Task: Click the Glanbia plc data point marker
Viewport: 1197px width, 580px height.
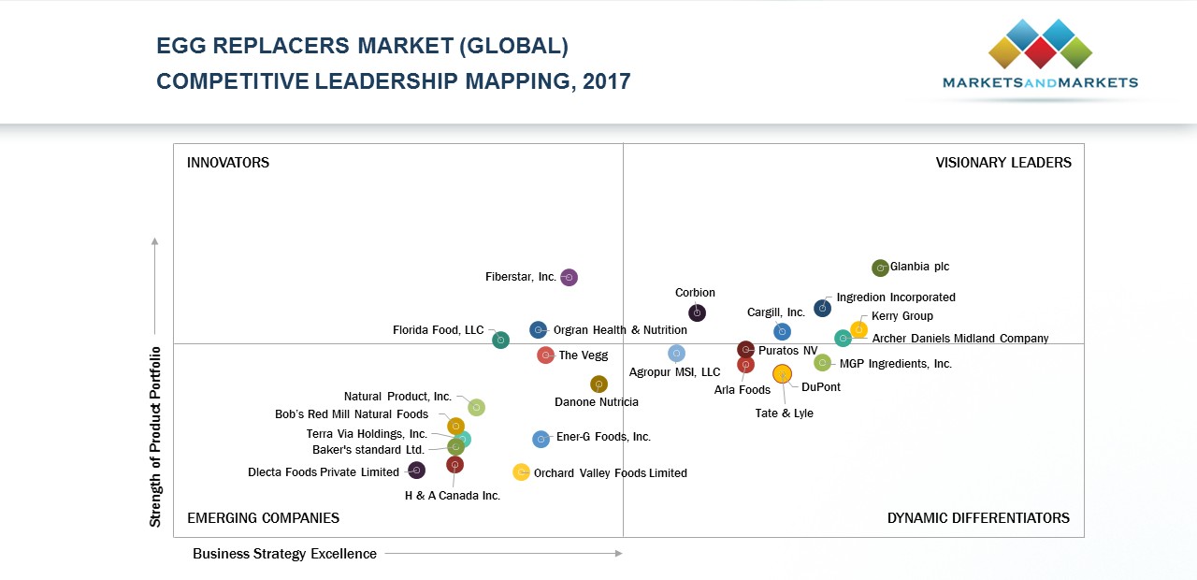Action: click(880, 268)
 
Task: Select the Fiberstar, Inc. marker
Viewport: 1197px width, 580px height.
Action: click(569, 277)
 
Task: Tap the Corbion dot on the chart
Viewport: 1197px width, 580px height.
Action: click(697, 312)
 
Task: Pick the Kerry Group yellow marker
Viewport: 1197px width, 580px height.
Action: click(858, 329)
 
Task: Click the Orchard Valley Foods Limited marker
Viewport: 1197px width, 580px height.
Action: click(521, 472)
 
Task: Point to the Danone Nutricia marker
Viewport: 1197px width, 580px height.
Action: click(598, 384)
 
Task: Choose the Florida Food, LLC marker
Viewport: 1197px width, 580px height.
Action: click(500, 340)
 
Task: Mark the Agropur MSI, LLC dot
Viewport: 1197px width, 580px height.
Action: click(676, 353)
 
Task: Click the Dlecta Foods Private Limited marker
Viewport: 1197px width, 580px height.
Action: click(416, 471)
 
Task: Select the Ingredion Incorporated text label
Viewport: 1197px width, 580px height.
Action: click(895, 297)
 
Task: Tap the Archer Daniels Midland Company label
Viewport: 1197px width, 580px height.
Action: click(959, 339)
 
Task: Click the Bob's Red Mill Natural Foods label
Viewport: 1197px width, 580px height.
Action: click(352, 414)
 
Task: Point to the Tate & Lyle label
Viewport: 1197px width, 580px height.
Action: click(784, 413)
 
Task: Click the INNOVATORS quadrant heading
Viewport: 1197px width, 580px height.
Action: click(228, 163)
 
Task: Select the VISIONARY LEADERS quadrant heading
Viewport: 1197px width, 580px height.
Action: click(1003, 163)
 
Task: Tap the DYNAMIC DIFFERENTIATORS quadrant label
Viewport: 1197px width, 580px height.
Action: click(978, 518)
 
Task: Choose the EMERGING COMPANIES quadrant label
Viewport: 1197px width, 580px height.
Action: click(263, 518)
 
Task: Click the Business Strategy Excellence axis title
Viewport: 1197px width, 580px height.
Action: click(284, 554)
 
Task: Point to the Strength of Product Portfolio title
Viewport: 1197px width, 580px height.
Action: click(155, 436)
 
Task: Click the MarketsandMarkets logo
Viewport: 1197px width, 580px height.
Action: click(1040, 56)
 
